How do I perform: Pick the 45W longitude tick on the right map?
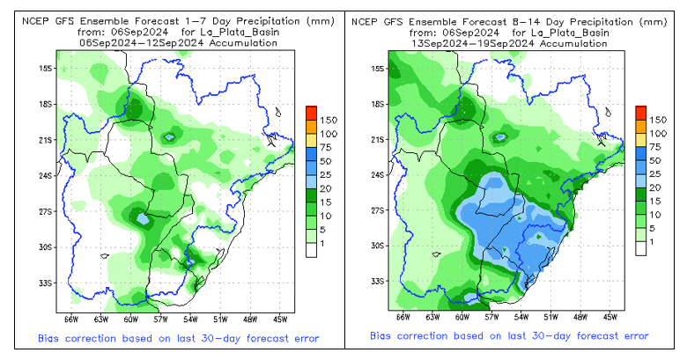[x=609, y=316]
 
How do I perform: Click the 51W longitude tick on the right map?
[x=550, y=316]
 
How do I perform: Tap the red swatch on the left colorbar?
[x=311, y=112]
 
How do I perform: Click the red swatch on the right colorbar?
[x=640, y=112]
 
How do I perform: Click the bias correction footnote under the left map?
[x=178, y=338]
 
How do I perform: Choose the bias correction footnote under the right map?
[x=509, y=336]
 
